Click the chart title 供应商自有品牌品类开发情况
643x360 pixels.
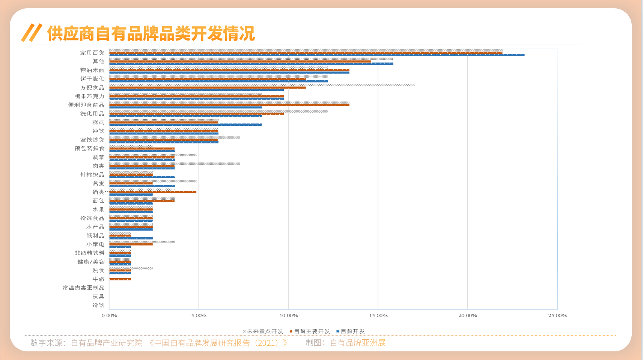point(151,33)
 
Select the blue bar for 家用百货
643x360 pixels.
point(316,55)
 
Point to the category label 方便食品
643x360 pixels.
point(92,87)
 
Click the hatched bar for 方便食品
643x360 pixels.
point(262,85)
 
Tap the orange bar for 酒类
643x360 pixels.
point(152,192)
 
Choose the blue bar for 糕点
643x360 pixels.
point(185,125)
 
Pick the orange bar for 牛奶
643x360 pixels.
point(120,279)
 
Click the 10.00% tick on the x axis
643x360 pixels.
point(288,315)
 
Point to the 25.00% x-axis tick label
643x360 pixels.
point(557,315)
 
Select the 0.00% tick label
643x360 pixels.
point(109,315)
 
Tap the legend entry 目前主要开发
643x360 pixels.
point(311,331)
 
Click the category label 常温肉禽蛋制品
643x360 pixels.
point(83,288)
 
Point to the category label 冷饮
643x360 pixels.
point(98,305)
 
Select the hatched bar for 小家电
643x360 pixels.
point(142,242)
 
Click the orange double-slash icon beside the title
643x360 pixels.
point(32,33)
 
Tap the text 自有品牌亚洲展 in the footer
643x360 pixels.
point(357,343)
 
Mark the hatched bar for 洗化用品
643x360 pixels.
point(218,111)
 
